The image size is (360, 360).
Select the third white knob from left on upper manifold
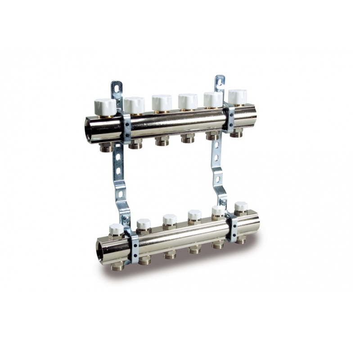[161, 102]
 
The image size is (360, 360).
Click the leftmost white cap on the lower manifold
[116, 229]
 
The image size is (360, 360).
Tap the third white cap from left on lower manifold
[170, 220]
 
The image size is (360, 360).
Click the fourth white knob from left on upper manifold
[187, 100]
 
